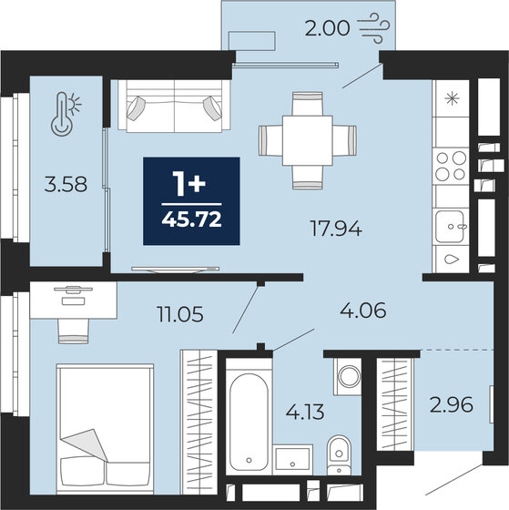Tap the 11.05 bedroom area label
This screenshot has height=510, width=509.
[178, 315]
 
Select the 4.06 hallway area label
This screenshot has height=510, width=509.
[362, 310]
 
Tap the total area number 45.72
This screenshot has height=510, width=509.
[192, 219]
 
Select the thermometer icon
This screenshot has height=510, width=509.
[63, 114]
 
